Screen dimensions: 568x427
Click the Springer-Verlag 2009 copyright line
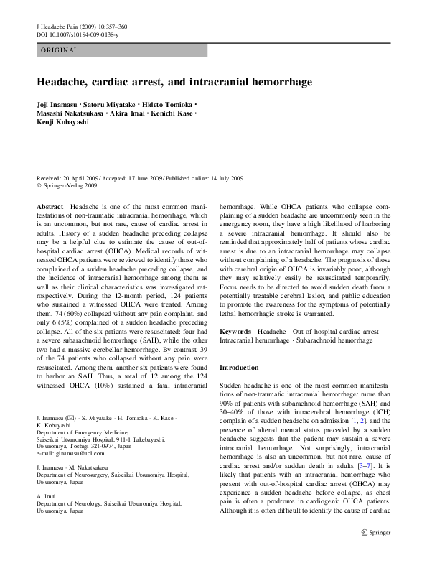click(70, 185)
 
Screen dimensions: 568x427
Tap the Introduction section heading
click(238, 367)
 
